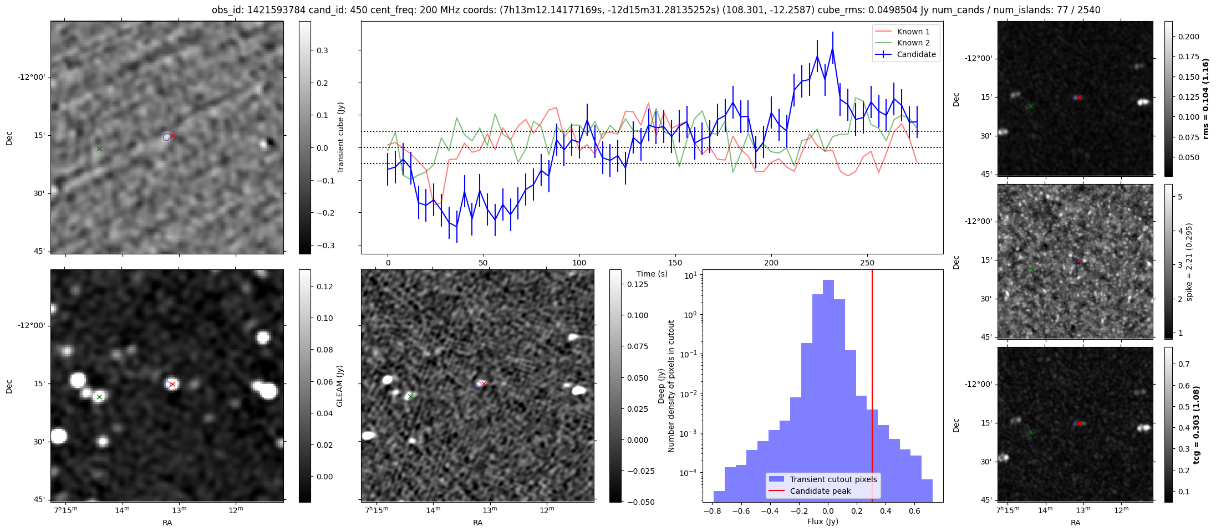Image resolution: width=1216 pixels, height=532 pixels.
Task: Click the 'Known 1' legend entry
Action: [913, 32]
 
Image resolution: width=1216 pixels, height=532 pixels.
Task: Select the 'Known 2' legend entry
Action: [913, 43]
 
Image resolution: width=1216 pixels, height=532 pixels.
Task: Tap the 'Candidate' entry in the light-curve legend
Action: [916, 54]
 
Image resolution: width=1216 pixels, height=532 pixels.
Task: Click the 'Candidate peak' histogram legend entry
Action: [820, 491]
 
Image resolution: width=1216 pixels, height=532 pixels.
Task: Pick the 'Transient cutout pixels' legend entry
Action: [833, 479]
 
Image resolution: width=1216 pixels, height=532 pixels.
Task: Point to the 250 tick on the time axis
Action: [867, 263]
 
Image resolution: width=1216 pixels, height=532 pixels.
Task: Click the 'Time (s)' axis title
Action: [652, 274]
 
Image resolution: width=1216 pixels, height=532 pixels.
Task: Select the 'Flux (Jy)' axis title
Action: [822, 521]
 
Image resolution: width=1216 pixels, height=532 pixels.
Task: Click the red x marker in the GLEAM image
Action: [172, 384]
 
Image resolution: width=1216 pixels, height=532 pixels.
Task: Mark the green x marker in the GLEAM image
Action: [99, 397]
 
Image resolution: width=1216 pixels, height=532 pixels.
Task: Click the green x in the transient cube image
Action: [99, 149]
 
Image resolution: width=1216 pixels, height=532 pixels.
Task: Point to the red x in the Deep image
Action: [484, 383]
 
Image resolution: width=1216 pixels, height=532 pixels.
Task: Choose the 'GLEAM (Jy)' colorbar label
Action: [339, 386]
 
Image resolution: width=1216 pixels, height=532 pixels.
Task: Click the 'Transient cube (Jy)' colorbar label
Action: [340, 137]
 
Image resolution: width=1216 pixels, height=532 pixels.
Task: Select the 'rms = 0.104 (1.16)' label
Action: [1205, 99]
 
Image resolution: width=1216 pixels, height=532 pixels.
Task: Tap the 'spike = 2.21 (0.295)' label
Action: [1189, 262]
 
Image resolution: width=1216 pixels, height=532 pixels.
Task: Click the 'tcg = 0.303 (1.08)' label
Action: [1196, 424]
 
